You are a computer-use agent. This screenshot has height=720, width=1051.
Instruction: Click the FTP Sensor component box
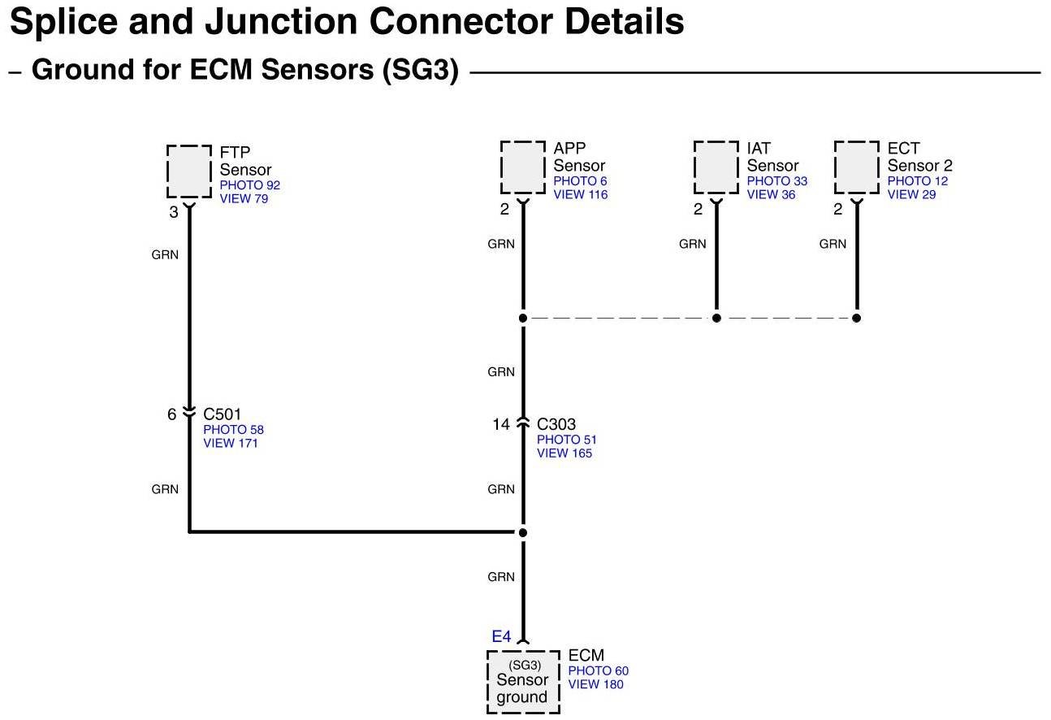[189, 171]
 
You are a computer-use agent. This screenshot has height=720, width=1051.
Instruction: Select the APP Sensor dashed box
[523, 167]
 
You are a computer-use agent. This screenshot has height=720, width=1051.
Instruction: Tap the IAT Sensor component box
[716, 167]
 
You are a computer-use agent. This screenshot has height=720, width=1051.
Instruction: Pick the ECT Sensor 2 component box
[857, 167]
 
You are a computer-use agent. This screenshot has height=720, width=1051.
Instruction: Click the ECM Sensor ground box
[523, 681]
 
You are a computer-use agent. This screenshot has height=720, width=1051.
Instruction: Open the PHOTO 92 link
[249, 185]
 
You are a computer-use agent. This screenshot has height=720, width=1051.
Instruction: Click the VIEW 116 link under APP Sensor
[580, 195]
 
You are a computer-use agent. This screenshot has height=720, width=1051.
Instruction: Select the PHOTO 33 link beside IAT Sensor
[776, 181]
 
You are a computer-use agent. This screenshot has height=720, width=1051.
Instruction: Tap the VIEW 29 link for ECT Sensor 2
[911, 195]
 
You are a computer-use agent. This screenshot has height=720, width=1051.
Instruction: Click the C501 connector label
[222, 415]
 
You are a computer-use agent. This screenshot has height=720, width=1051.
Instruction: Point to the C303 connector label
[556, 424]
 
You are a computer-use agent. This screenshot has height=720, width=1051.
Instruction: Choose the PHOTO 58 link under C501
[233, 430]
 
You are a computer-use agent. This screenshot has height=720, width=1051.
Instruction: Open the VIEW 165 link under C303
[564, 453]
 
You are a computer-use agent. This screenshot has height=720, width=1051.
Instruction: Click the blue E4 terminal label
[501, 637]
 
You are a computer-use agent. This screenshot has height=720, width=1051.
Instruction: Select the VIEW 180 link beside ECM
[595, 684]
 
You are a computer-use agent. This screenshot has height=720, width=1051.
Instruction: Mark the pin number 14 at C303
[501, 424]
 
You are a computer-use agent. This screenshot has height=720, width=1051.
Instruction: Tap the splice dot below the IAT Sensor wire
[716, 318]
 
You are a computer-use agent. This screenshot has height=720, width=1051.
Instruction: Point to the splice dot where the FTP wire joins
[523, 532]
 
